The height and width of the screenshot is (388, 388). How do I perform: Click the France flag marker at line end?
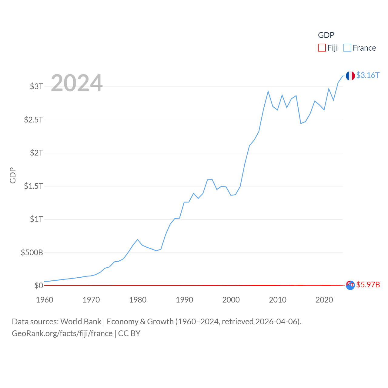[350, 76]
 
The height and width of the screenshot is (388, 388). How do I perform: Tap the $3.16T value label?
[368, 75]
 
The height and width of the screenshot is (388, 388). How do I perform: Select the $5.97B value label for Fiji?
[368, 285]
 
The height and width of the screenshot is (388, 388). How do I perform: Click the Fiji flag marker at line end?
[350, 285]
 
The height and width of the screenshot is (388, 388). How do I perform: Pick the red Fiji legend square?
[322, 48]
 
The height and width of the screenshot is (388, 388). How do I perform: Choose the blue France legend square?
[347, 48]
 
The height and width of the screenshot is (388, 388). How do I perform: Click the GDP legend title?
[326, 35]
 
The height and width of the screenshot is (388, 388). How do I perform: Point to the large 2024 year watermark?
[77, 83]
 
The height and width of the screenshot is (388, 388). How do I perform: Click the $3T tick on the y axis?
[36, 86]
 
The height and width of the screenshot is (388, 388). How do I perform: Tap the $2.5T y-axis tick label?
[33, 120]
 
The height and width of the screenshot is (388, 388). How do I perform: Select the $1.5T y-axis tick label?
[33, 186]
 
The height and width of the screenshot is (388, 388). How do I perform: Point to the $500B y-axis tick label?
[32, 252]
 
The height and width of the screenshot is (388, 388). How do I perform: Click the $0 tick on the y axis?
[38, 286]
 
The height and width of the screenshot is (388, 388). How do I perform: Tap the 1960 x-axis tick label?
[45, 300]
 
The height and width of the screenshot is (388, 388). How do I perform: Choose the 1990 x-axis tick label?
[184, 300]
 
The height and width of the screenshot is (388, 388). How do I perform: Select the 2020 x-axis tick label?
[324, 300]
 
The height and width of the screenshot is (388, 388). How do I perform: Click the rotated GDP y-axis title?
[13, 175]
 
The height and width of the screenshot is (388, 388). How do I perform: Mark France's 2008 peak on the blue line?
[268, 91]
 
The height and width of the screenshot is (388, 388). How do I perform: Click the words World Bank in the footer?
[81, 321]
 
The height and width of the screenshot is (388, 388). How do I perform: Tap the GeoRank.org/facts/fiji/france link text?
[62, 333]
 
